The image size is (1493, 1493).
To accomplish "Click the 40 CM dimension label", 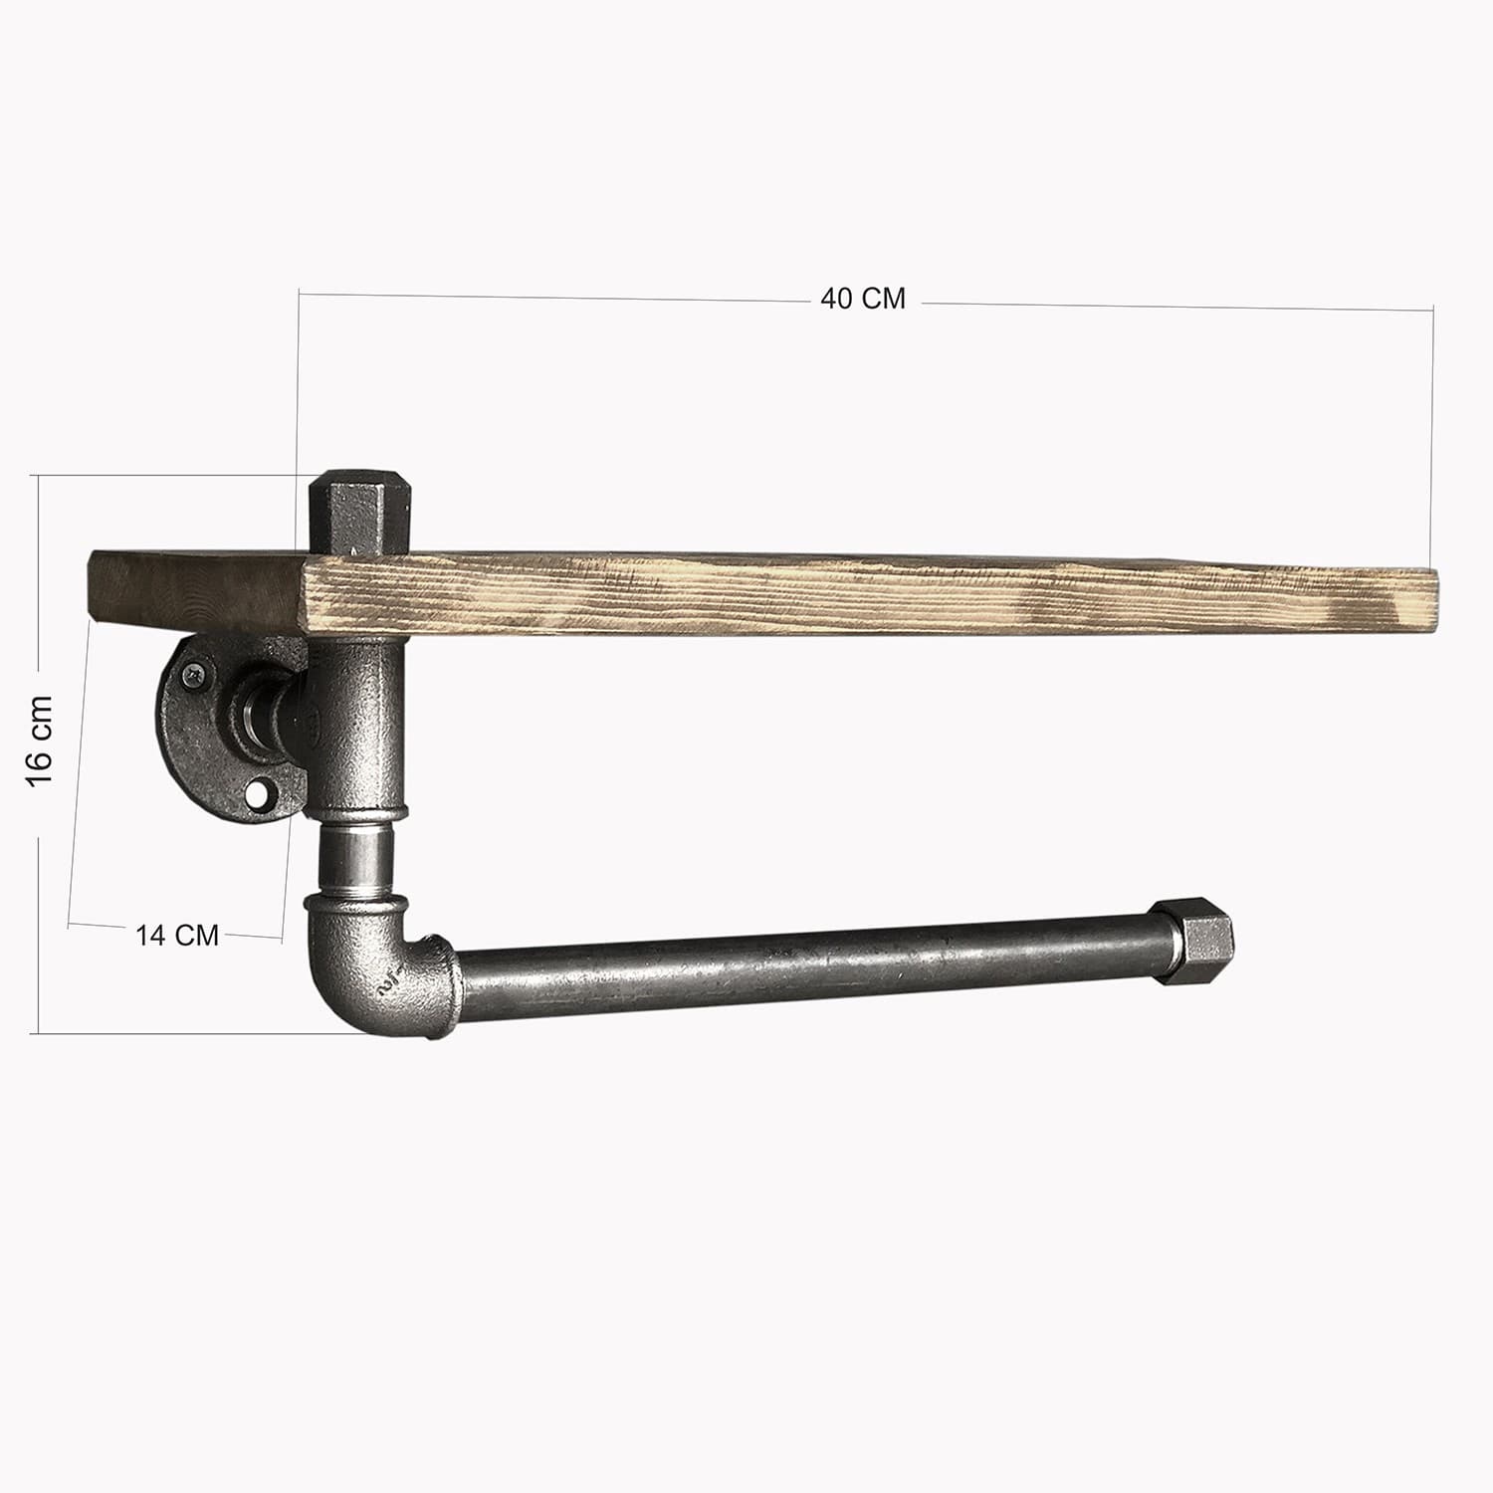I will (863, 299).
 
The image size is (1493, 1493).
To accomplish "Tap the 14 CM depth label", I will (177, 936).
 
